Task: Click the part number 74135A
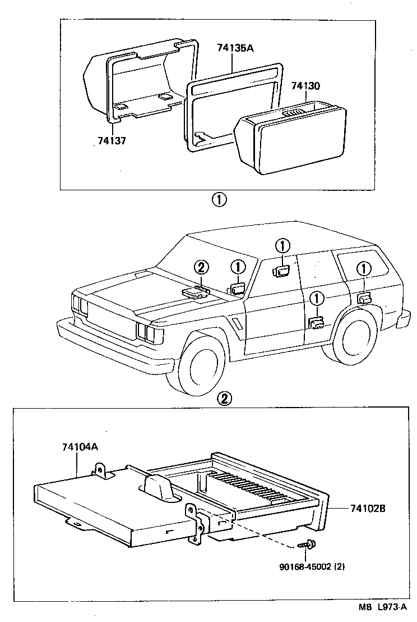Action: (x=235, y=48)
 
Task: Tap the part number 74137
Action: (x=111, y=141)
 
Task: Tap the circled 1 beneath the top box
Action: (x=219, y=199)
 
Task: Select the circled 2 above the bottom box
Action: (x=223, y=399)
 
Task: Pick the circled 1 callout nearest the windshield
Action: (x=238, y=267)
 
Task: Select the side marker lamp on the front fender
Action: (x=238, y=325)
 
